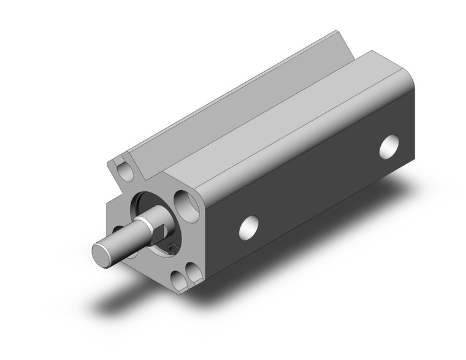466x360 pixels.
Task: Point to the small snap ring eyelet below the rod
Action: pos(171,248)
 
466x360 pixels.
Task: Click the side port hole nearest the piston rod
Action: pos(248,226)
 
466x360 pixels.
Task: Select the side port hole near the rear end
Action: pos(389,147)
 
